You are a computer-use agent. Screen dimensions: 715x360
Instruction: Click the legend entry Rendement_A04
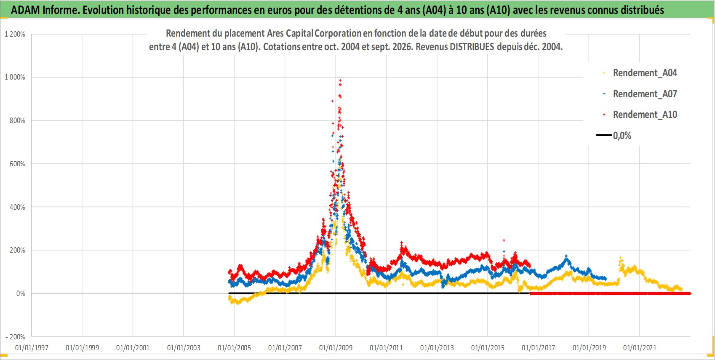[645, 73]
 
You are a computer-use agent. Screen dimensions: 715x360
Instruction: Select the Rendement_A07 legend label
[645, 94]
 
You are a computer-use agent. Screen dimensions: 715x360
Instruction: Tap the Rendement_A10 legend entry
[645, 115]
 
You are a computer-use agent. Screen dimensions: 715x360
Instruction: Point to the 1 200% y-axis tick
[15, 34]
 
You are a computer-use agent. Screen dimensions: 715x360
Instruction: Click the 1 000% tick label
[15, 77]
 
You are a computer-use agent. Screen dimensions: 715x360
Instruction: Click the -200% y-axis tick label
[16, 337]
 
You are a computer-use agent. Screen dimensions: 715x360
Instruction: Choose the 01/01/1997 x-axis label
[32, 347]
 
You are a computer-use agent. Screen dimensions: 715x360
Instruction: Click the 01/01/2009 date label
[336, 347]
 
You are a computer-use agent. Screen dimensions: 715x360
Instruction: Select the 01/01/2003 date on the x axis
[184, 347]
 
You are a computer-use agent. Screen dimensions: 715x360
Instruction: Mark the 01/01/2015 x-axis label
[488, 347]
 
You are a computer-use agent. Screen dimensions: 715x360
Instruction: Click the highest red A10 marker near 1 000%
[340, 80]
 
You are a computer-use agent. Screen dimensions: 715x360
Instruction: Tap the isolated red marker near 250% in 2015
[504, 240]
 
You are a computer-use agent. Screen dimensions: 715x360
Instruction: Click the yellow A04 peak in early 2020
[621, 257]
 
